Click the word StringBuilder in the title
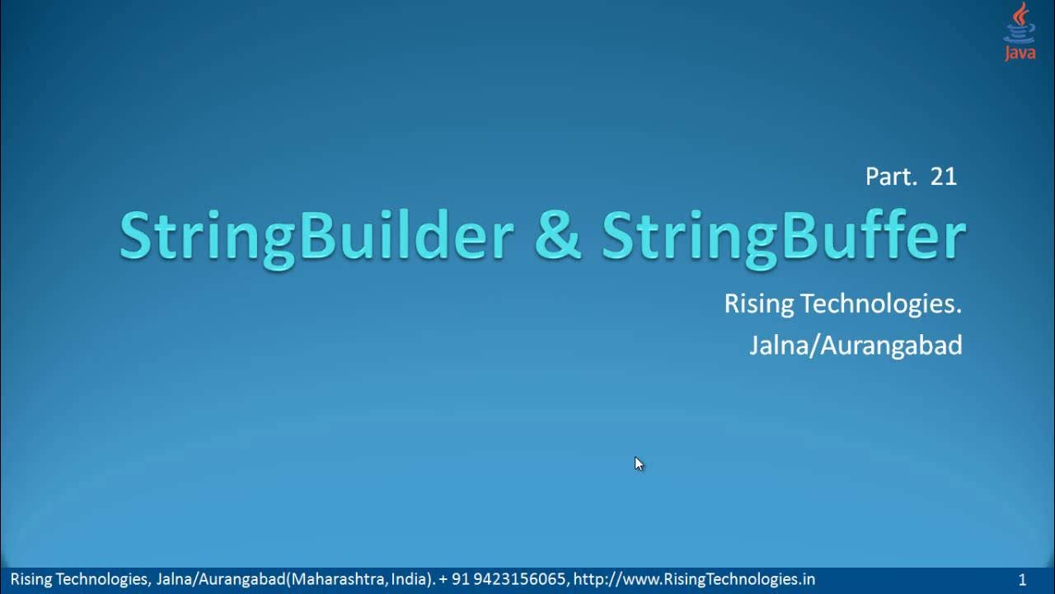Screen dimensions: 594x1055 (x=316, y=237)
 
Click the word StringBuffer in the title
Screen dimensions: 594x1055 (x=783, y=237)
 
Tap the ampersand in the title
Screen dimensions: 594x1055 (x=557, y=237)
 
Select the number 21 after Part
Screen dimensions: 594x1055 (x=944, y=176)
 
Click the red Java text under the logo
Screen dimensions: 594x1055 (x=1020, y=54)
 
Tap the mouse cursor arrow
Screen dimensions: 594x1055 (x=639, y=464)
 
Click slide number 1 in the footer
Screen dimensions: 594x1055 (x=1023, y=580)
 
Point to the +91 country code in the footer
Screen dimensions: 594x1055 (x=456, y=579)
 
